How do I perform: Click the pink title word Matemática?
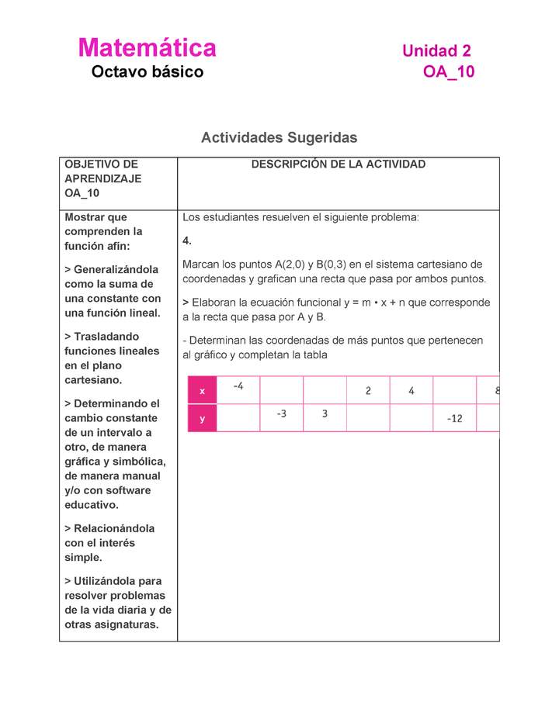click(x=147, y=48)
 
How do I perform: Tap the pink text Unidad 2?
click(x=436, y=51)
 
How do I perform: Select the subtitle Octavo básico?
click(x=147, y=72)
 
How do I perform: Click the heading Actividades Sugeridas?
click(x=279, y=137)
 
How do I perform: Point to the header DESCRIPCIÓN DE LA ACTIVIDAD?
click(x=339, y=164)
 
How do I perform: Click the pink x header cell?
click(x=202, y=391)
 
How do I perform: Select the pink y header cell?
click(x=202, y=418)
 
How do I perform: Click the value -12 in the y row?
click(x=454, y=419)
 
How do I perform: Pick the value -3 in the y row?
click(x=281, y=413)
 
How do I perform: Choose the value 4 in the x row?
click(x=411, y=391)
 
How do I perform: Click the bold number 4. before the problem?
click(x=186, y=240)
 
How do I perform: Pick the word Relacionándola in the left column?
click(x=113, y=528)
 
